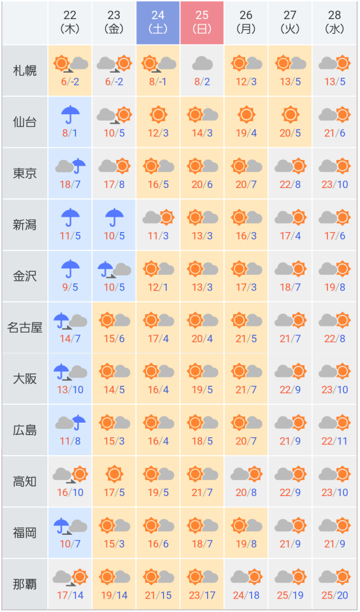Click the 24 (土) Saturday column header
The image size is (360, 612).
(158, 23)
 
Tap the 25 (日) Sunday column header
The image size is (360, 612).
(202, 23)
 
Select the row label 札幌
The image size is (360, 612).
(25, 71)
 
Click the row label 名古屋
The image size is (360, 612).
(25, 328)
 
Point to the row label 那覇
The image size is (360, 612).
(25, 585)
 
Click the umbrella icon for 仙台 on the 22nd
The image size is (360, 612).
(70, 115)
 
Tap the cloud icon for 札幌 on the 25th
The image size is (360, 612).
(202, 63)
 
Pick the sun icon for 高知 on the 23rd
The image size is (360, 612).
(114, 474)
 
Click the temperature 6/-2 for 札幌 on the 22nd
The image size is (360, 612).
(70, 82)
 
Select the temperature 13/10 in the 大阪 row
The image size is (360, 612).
(70, 390)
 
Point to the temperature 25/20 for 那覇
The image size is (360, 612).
(335, 595)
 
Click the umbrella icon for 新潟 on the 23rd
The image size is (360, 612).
(114, 217)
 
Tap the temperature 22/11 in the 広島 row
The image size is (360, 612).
(335, 441)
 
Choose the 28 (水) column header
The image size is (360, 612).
(335, 23)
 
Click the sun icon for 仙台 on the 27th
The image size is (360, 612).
(290, 115)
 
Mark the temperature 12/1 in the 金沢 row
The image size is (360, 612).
(158, 288)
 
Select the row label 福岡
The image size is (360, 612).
(25, 533)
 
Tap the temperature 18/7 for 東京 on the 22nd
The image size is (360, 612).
(70, 185)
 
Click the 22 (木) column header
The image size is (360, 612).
(70, 23)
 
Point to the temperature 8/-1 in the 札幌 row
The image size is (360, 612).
(158, 82)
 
